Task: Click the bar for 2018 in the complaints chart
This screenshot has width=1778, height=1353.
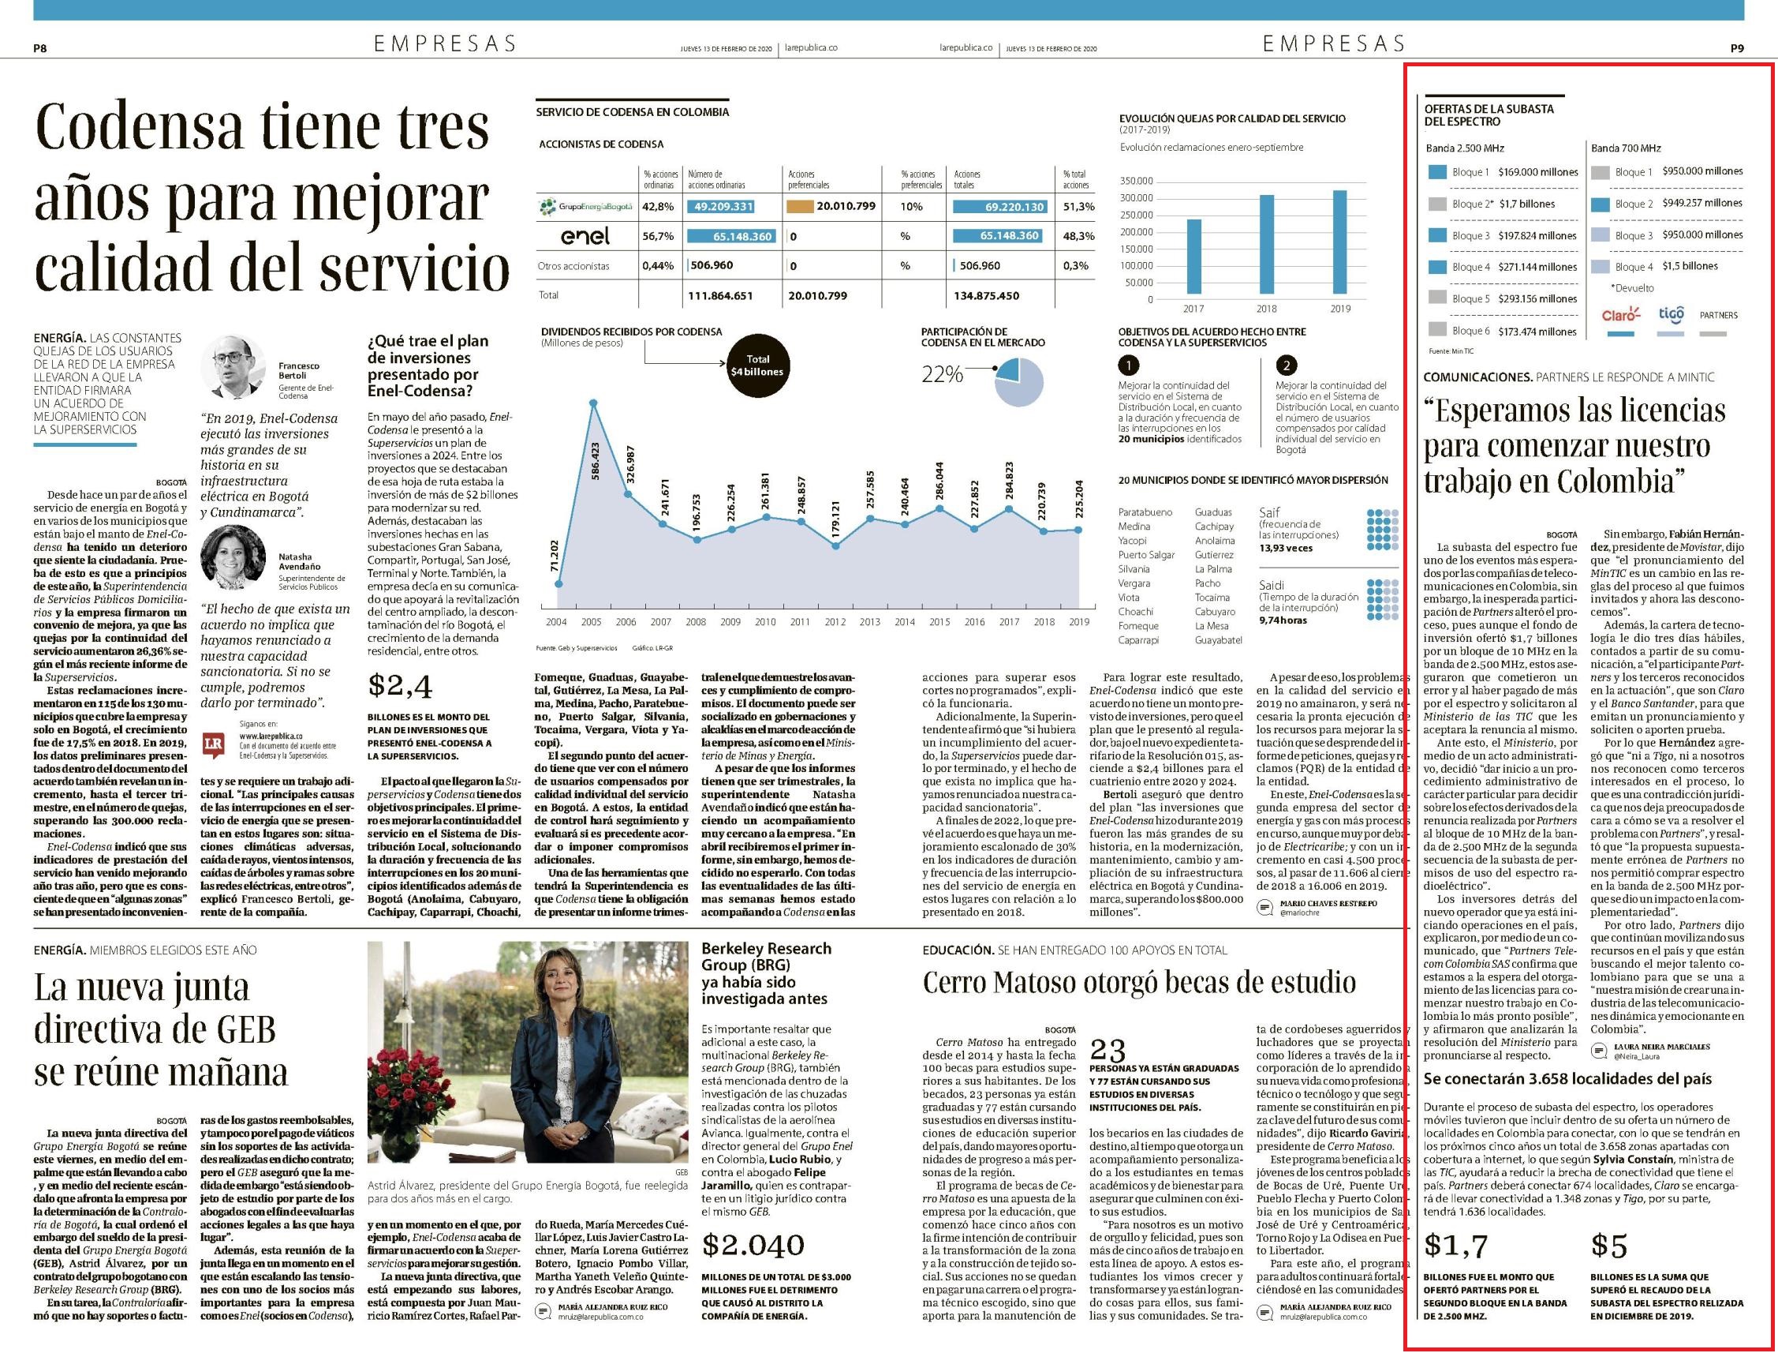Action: [x=1266, y=246]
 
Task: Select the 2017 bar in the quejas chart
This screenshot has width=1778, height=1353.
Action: [x=1193, y=258]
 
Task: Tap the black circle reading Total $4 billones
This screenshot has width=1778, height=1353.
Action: [x=757, y=365]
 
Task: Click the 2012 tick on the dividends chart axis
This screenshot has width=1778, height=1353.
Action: [x=835, y=623]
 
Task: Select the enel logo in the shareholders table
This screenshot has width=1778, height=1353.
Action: [x=585, y=236]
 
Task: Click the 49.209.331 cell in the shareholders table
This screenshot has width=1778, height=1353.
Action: [x=723, y=206]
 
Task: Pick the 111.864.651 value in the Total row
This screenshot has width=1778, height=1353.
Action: [x=720, y=295]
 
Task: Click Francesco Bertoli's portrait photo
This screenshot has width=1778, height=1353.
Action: [x=233, y=366]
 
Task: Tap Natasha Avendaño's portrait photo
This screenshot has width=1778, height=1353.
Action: [x=233, y=558]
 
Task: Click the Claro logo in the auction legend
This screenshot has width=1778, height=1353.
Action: [x=1620, y=315]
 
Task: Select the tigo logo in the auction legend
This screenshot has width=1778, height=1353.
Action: [x=1671, y=314]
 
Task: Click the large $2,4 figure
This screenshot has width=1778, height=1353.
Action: [x=400, y=686]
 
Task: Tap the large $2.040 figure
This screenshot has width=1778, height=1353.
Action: [x=753, y=1244]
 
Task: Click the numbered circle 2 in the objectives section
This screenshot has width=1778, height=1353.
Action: [x=1287, y=365]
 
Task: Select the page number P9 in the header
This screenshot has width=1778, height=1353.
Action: [x=1737, y=48]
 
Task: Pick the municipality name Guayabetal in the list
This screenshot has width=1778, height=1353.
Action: [x=1219, y=640]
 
